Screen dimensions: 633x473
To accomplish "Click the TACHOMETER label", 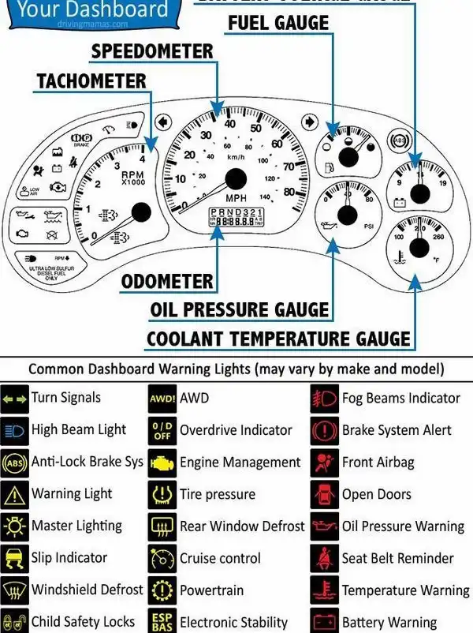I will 91,81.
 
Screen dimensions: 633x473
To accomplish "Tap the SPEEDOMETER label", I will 152,52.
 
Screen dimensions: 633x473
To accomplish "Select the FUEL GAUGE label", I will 278,23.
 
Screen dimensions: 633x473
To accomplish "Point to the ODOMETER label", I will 167,282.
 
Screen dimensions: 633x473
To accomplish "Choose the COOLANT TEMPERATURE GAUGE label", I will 278,339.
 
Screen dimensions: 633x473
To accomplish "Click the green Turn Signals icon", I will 15,399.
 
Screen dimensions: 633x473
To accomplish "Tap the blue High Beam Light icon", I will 15,431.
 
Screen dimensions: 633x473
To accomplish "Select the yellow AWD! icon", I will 162,399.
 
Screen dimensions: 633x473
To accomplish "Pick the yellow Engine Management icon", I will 162,463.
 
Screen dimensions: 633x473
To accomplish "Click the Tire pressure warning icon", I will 162,495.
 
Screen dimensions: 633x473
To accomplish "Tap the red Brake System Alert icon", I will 325,431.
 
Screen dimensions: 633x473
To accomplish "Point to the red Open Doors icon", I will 325,495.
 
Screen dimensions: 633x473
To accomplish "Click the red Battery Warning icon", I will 325,622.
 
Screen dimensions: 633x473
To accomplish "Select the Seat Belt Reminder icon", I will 325,559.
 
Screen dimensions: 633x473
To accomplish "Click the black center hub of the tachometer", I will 141,212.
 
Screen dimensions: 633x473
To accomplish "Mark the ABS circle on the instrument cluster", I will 399,142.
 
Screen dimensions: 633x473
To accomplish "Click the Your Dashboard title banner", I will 93,10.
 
